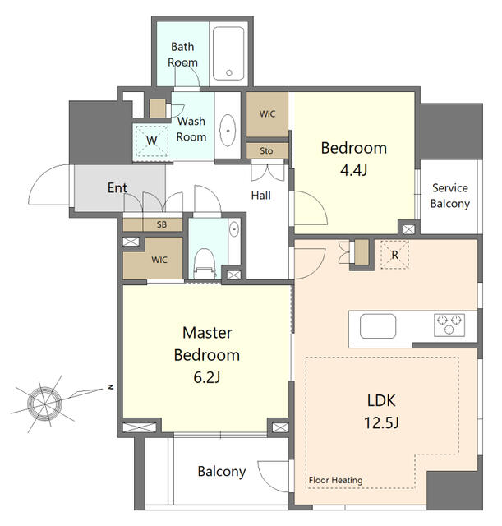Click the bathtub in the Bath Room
point(228,53)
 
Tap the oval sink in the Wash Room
point(228,131)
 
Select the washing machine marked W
point(151,141)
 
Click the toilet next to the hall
point(205,264)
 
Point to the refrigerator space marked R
point(394,255)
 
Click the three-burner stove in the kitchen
point(449,325)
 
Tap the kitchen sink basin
point(378,326)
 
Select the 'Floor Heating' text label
point(336,480)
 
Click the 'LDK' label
point(381,400)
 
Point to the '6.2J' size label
point(207,377)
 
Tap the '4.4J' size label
point(354,170)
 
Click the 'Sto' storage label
point(266,151)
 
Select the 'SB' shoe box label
point(162,224)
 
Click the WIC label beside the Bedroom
point(267,114)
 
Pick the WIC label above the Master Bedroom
point(159,260)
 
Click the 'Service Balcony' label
point(449,196)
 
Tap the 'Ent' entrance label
point(117,188)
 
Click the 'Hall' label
point(261,196)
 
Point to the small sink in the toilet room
point(234,229)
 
